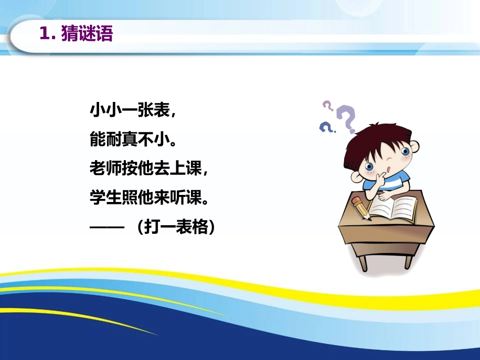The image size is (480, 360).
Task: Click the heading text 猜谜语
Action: point(86,34)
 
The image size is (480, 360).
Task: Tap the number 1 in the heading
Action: point(44,34)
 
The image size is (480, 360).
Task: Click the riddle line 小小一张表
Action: point(132,111)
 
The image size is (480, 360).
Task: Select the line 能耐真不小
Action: point(132,139)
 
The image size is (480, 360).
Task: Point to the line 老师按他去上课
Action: point(149,169)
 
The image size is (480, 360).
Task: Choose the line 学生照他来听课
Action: point(149,198)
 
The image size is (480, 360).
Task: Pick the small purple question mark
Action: point(328,106)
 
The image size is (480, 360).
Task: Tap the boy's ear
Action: point(414,147)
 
